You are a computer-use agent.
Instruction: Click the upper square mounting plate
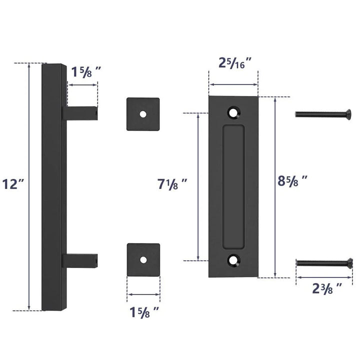143,114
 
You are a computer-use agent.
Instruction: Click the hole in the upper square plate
143,114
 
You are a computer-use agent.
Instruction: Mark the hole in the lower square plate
143,260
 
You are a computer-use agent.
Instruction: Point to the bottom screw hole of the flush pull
233,259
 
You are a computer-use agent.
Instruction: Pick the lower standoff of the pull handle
80,259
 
